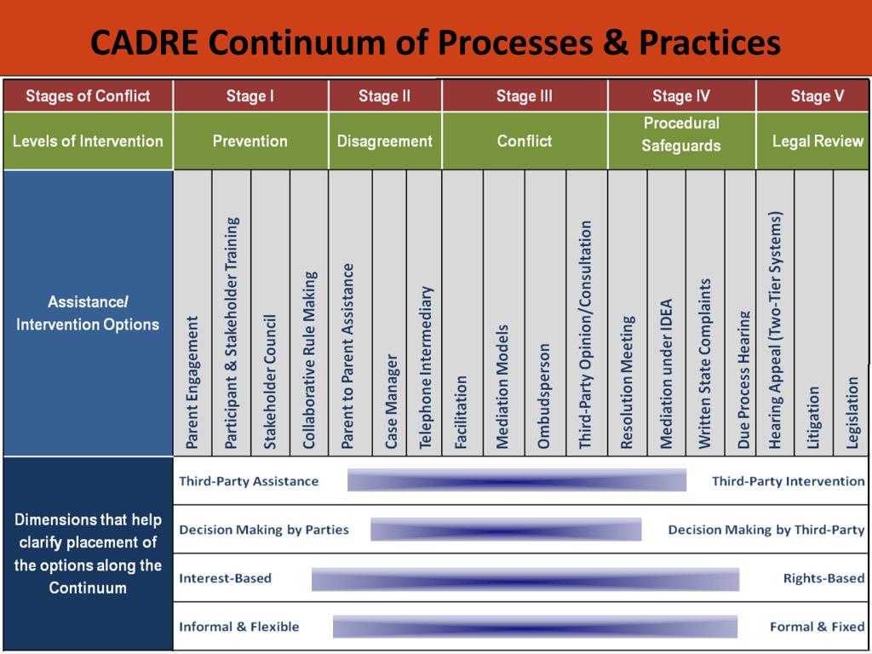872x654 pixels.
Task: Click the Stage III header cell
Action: (524, 96)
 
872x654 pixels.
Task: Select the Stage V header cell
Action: (817, 96)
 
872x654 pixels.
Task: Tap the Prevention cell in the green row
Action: (250, 141)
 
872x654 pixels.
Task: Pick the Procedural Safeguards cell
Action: (680, 135)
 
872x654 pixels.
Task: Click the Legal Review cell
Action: (817, 141)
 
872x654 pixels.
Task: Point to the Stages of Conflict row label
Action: (88, 96)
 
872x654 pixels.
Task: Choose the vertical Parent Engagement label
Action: (192, 382)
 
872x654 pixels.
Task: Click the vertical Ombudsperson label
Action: (544, 395)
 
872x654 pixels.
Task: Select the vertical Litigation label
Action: (813, 416)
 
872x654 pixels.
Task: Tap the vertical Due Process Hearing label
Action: (744, 379)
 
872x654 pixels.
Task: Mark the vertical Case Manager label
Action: (391, 401)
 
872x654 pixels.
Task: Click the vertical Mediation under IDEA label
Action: (666, 373)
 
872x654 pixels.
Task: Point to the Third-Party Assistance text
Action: (249, 481)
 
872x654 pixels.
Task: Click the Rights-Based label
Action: (823, 578)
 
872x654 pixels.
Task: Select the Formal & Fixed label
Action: (817, 627)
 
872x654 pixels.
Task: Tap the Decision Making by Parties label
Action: (264, 530)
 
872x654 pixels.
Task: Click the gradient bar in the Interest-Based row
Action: (525, 579)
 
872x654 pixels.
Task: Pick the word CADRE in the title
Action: (145, 42)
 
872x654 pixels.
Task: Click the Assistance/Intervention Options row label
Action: (88, 313)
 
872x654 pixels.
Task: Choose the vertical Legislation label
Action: (852, 412)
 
